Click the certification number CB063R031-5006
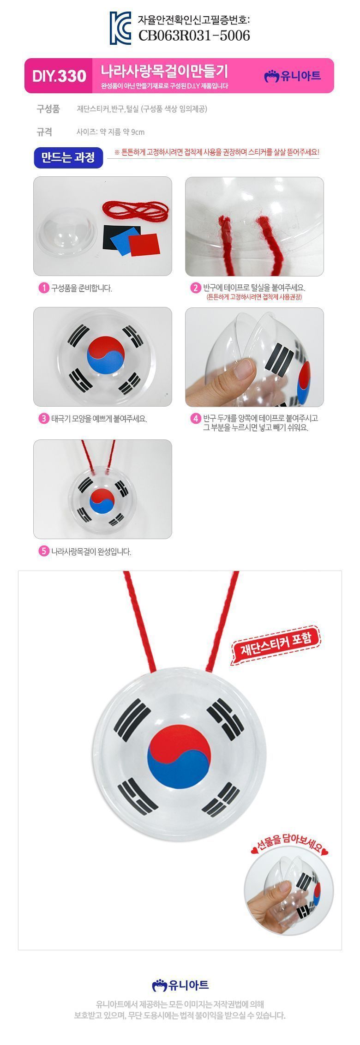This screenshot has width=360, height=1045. [x=194, y=35]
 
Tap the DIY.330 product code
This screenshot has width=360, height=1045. [x=59, y=76]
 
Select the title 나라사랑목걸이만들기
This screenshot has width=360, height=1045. [x=165, y=71]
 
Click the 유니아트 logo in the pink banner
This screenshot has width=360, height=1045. [x=292, y=76]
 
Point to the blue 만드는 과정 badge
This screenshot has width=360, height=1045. [x=68, y=158]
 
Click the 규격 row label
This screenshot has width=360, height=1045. [x=44, y=132]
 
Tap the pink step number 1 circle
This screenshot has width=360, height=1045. [x=43, y=288]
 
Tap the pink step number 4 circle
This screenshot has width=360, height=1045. [x=195, y=419]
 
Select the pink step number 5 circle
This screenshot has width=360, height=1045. [x=43, y=551]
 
